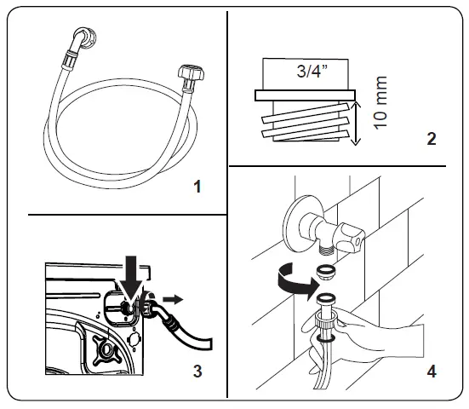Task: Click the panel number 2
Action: click(433, 139)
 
